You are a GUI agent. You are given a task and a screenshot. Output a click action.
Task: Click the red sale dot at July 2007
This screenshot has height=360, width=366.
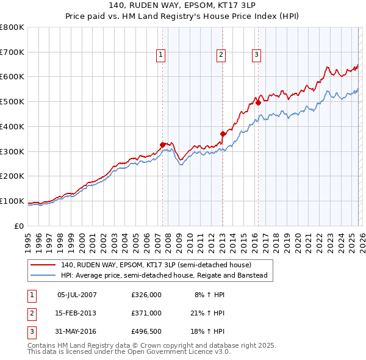[163, 145]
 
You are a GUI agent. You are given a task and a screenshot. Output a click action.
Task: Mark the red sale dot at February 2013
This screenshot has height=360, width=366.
[223, 134]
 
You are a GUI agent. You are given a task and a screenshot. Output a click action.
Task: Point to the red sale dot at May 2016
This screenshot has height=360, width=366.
[259, 103]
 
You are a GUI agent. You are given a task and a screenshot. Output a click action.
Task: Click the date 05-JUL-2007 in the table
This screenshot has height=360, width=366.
[77, 295]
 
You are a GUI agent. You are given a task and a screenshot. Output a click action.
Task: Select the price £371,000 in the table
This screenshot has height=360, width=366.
[146, 313]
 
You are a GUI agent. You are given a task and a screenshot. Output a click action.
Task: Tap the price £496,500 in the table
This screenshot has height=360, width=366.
[146, 331]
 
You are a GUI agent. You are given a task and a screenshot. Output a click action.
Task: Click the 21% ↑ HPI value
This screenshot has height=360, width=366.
[207, 313]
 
